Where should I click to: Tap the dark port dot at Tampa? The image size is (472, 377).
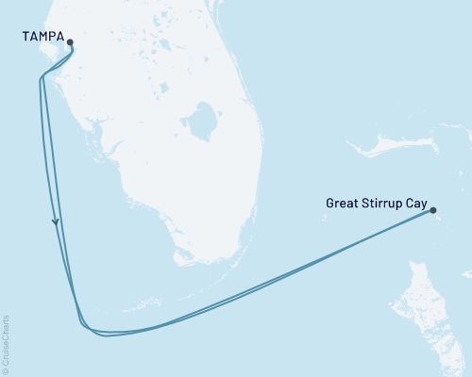70,41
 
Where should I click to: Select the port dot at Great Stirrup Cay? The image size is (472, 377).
432,212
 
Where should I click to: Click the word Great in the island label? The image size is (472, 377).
344,202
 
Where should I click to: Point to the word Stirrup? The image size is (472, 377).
382,202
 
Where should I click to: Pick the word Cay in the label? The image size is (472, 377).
416,202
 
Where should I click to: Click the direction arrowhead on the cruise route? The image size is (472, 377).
56,222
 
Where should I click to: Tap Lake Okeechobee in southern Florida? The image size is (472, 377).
200,121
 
